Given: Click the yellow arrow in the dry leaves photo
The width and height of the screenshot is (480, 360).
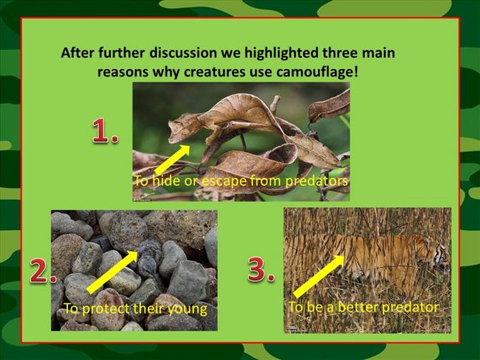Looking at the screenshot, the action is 172,159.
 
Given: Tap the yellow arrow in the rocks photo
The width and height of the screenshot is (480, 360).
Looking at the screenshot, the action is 112,272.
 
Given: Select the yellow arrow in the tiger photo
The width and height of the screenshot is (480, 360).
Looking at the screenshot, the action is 319,276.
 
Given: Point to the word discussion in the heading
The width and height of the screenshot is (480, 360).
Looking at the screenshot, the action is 183,52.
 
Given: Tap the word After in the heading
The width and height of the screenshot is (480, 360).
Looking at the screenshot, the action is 78,52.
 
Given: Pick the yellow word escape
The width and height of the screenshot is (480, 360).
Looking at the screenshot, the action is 224,181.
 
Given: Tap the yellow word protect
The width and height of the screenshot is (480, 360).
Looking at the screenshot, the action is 107,309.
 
